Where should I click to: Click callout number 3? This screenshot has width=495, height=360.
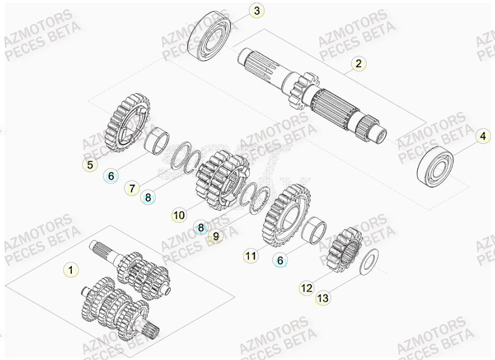point(256,11)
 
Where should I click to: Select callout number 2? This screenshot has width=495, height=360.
point(359,64)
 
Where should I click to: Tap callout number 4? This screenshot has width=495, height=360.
point(482,136)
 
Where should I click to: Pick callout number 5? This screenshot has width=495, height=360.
point(90,164)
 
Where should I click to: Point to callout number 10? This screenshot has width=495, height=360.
point(179,215)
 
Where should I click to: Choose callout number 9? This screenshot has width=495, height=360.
point(216,237)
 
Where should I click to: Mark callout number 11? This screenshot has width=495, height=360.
point(250,256)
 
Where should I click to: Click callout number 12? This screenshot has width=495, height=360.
point(306,288)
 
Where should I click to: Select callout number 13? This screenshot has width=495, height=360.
point(322,298)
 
